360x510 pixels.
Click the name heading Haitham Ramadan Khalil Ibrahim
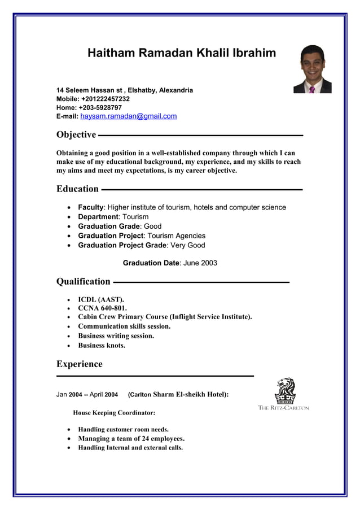[x=182, y=53]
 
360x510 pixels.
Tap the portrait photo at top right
[x=312, y=69]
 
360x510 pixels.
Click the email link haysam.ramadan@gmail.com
[x=128, y=116]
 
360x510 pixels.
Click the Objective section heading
[x=76, y=134]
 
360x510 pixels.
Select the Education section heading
[x=77, y=189]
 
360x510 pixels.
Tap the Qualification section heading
[x=84, y=281]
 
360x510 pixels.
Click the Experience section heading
[x=80, y=364]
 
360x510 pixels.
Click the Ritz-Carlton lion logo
[x=284, y=391]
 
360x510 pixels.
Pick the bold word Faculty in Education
[x=91, y=207]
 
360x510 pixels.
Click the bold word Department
[x=98, y=217]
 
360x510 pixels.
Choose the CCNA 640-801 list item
[x=102, y=308]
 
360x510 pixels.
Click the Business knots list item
[x=102, y=345]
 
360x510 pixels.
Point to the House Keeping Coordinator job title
[x=114, y=413]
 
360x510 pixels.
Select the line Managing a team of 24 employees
[x=131, y=438]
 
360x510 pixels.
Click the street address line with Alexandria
[x=125, y=90]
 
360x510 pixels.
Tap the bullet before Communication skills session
[x=69, y=326]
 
